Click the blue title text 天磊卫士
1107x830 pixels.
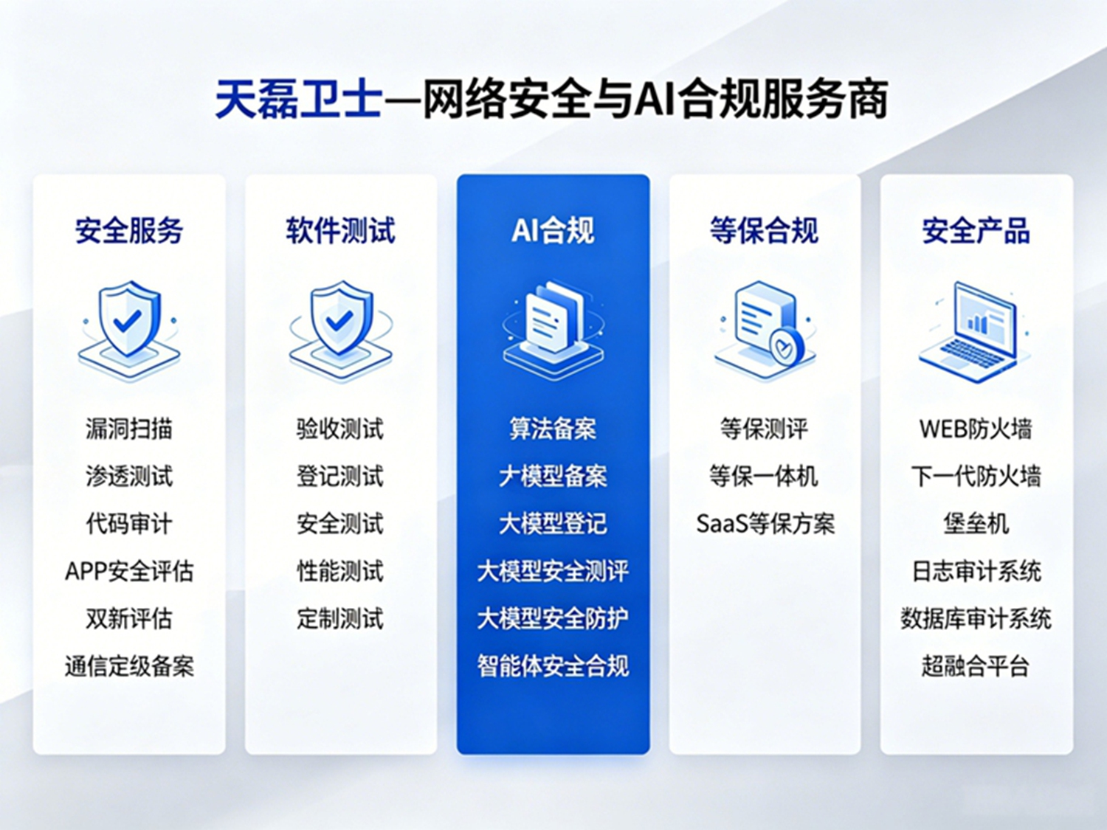(x=298, y=99)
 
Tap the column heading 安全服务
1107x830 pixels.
(x=129, y=230)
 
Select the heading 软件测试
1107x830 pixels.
(x=341, y=230)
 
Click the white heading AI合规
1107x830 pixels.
(x=553, y=230)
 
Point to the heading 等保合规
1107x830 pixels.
(x=764, y=230)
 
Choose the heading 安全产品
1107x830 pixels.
(x=976, y=230)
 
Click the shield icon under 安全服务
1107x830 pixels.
(x=129, y=330)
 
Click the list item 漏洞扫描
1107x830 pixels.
(x=129, y=429)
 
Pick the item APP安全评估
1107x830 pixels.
(x=129, y=572)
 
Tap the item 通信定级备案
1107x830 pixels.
(x=129, y=666)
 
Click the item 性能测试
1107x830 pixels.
(x=340, y=572)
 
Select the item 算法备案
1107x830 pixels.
(x=553, y=429)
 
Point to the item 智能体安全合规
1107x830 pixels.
(x=553, y=666)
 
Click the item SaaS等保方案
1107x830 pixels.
(x=765, y=524)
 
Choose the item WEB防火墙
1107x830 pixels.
(x=976, y=429)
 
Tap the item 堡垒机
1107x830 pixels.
(x=976, y=524)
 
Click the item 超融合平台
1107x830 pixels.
(x=976, y=666)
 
